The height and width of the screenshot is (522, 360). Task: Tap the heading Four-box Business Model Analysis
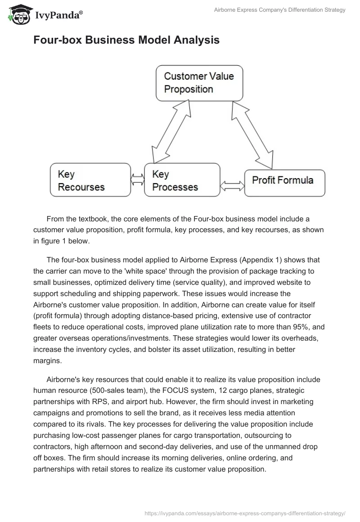pos(126,40)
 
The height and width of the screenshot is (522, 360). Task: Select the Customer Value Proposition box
pos(199,83)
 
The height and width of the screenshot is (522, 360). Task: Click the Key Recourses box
pos(90,180)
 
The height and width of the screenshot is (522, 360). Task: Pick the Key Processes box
pos(182,180)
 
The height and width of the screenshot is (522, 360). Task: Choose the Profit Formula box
pos(284,183)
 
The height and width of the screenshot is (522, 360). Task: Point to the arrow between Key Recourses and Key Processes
pos(137,180)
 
